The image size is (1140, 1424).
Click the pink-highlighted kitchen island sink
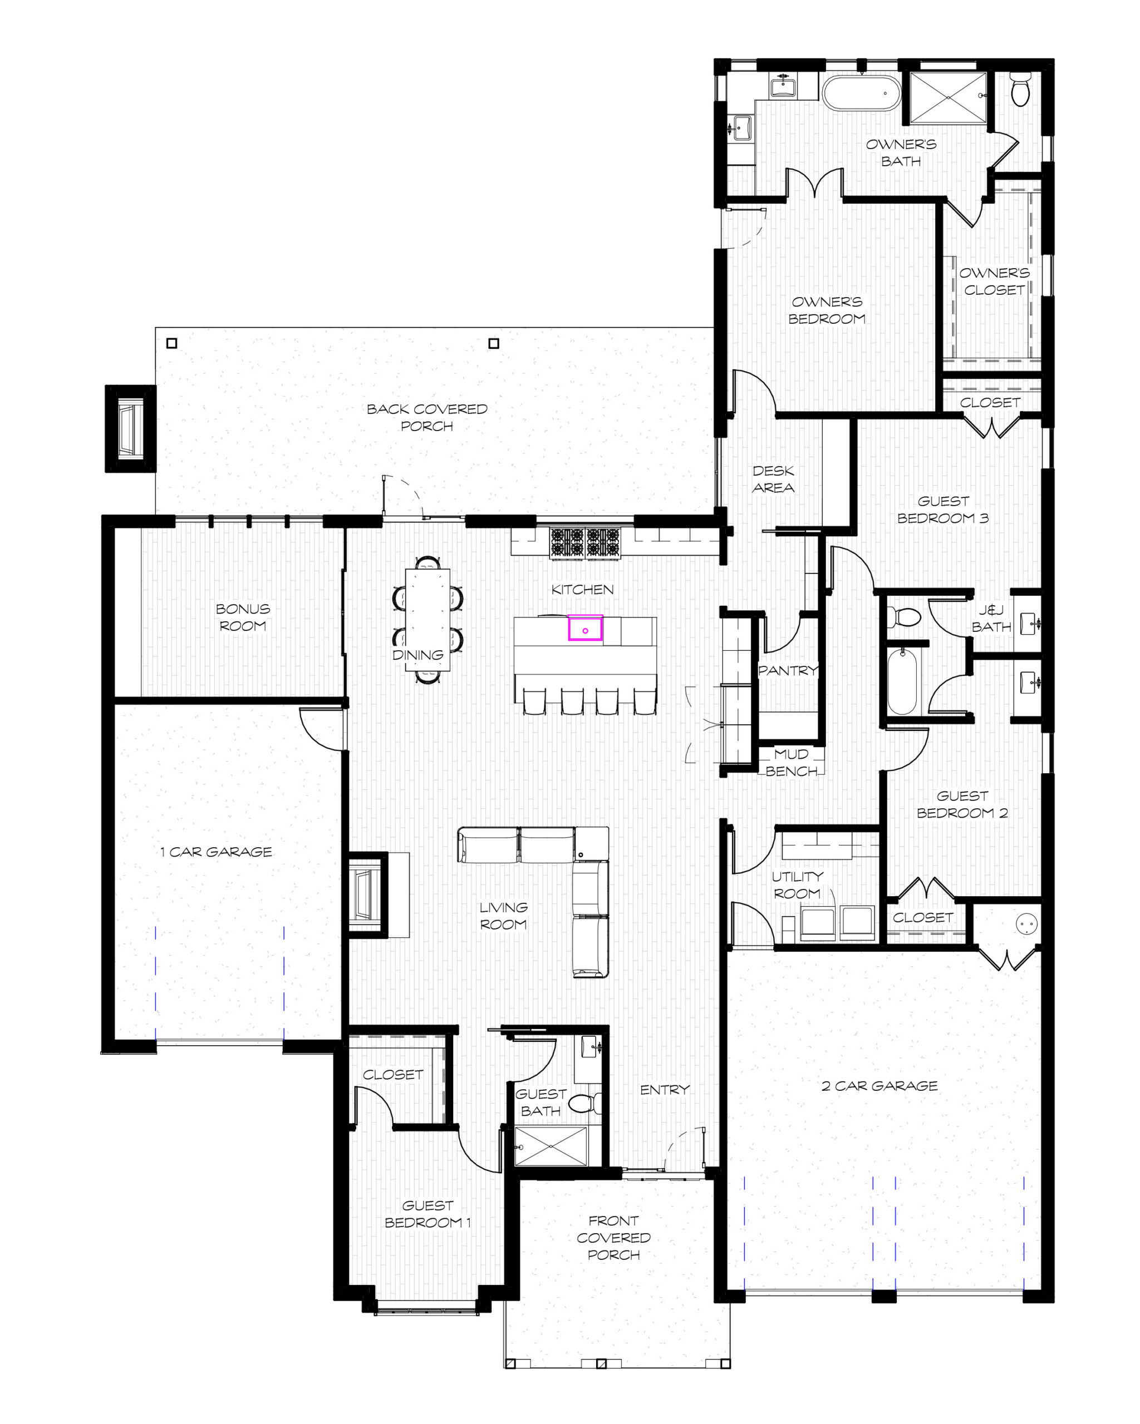click(585, 628)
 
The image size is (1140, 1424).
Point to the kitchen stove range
click(585, 543)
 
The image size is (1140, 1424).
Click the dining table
click(427, 619)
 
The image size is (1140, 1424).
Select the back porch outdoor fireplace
click(131, 429)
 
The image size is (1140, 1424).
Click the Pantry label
click(788, 670)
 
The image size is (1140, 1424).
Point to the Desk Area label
click(773, 479)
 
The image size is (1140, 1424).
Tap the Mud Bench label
click(792, 762)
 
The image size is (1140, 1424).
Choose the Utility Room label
click(797, 884)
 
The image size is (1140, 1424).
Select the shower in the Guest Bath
click(551, 1146)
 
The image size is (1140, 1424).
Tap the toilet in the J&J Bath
click(903, 617)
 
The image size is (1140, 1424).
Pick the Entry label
click(665, 1089)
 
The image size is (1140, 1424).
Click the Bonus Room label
click(243, 617)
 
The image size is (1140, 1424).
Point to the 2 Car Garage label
click(879, 1085)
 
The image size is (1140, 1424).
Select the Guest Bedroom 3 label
click(943, 509)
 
